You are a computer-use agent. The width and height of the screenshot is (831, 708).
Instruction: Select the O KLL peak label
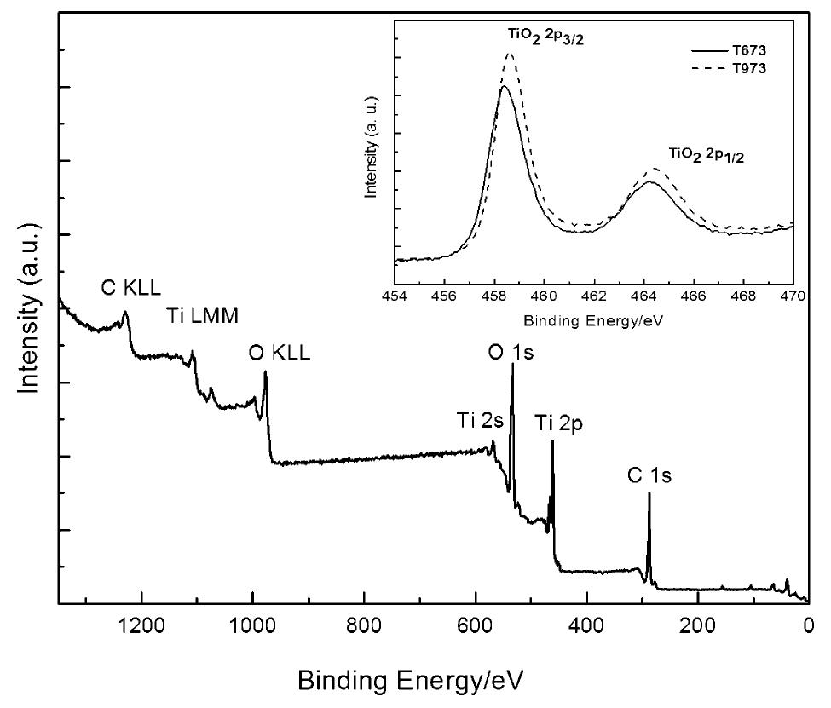(280, 353)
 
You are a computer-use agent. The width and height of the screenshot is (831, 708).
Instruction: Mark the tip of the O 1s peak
(512, 365)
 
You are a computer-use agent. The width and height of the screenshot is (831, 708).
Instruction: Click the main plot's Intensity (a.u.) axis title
(31, 307)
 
